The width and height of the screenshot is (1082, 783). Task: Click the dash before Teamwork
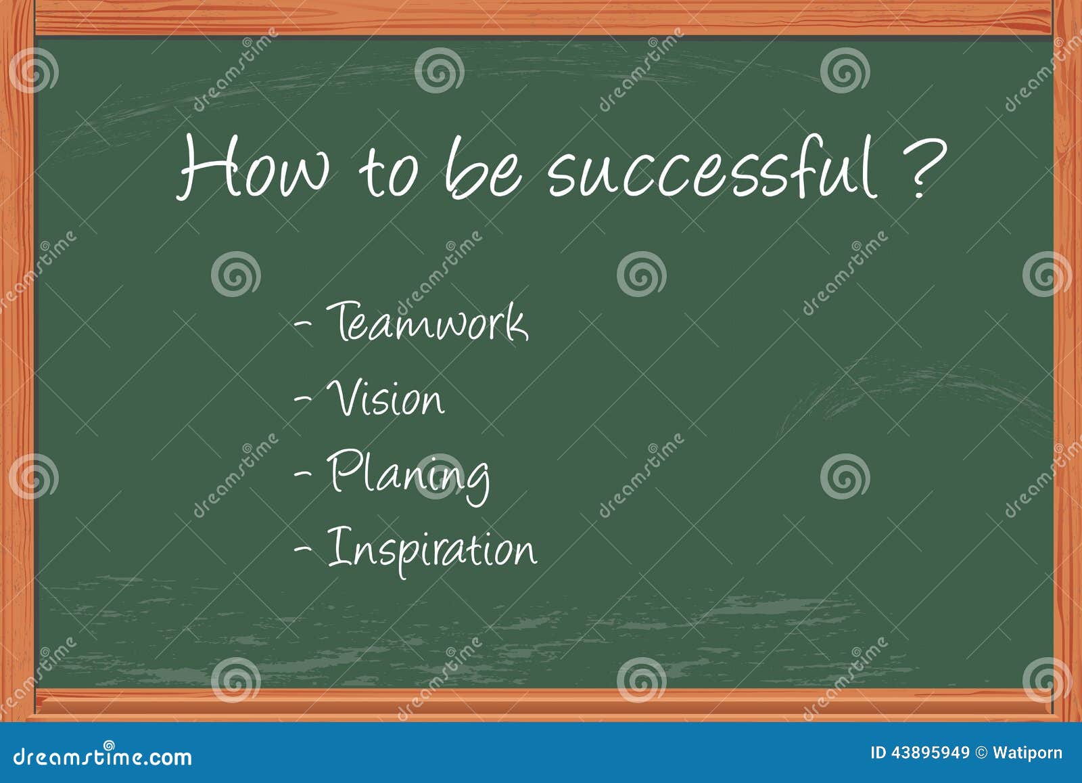pyautogui.click(x=303, y=324)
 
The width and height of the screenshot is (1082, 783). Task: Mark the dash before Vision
pyautogui.click(x=303, y=399)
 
